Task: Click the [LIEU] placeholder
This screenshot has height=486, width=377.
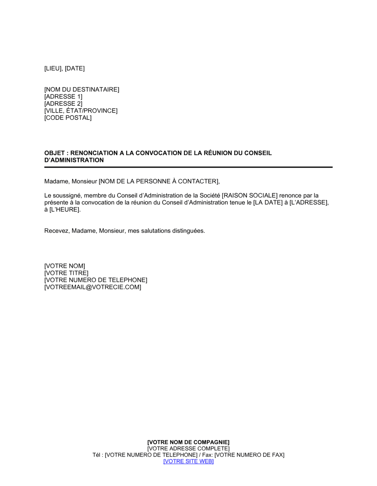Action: point(53,68)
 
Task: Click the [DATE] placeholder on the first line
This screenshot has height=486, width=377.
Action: point(75,68)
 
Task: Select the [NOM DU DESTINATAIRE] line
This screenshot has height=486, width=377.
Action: point(81,89)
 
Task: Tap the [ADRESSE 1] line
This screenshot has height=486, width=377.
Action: point(63,96)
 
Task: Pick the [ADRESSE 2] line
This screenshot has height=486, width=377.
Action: point(63,104)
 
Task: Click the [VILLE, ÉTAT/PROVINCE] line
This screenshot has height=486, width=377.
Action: point(81,111)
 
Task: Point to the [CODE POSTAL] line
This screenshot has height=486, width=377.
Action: point(68,118)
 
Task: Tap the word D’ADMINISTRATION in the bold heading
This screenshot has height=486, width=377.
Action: point(74,160)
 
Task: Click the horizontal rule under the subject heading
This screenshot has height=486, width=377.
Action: point(188,167)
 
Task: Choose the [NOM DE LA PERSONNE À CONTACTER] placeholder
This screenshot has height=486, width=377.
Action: point(158,181)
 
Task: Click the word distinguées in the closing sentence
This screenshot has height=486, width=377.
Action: point(188,231)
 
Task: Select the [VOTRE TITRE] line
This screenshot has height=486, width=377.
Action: point(66,273)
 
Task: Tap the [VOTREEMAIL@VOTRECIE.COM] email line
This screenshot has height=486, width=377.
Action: point(93,287)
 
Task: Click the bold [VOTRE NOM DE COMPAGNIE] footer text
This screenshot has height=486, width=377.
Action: point(188,442)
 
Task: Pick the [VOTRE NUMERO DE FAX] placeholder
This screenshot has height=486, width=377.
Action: point(249,455)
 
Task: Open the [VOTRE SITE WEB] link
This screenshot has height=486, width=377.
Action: point(188,461)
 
